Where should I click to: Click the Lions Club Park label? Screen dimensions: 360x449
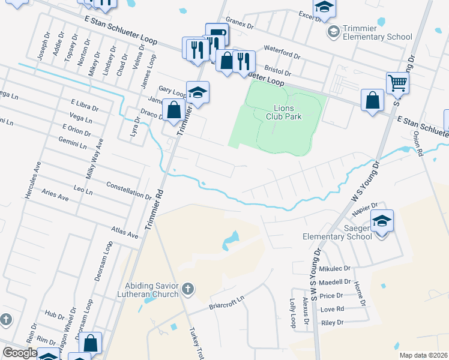point(284,112)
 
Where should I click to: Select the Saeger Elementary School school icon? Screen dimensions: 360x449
point(382,221)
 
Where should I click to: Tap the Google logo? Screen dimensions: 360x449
point(20,353)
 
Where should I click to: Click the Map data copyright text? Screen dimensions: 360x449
point(423,355)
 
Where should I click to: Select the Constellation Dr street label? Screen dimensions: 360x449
point(128,190)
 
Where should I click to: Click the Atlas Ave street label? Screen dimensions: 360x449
point(125,233)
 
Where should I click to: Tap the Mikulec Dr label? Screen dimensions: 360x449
point(334,268)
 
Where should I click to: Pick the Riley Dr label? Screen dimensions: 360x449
point(332,322)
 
